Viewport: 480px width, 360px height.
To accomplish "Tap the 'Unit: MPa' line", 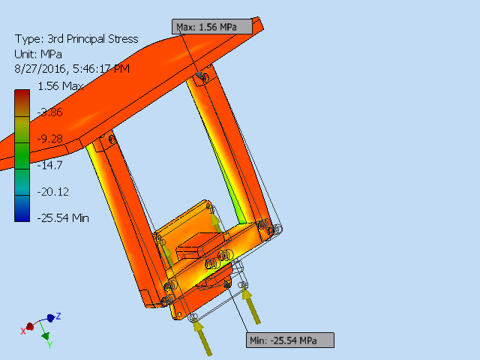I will tap(39, 54).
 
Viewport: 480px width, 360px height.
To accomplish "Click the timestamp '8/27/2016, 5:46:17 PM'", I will tap(72, 68).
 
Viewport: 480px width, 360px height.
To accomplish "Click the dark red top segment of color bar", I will tap(22, 96).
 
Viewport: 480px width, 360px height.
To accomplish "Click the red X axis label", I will tap(23, 331).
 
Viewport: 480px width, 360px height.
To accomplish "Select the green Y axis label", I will tap(49, 345).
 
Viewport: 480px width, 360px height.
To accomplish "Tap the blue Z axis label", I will tap(58, 316).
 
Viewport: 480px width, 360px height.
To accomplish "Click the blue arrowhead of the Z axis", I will tap(50, 318).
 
